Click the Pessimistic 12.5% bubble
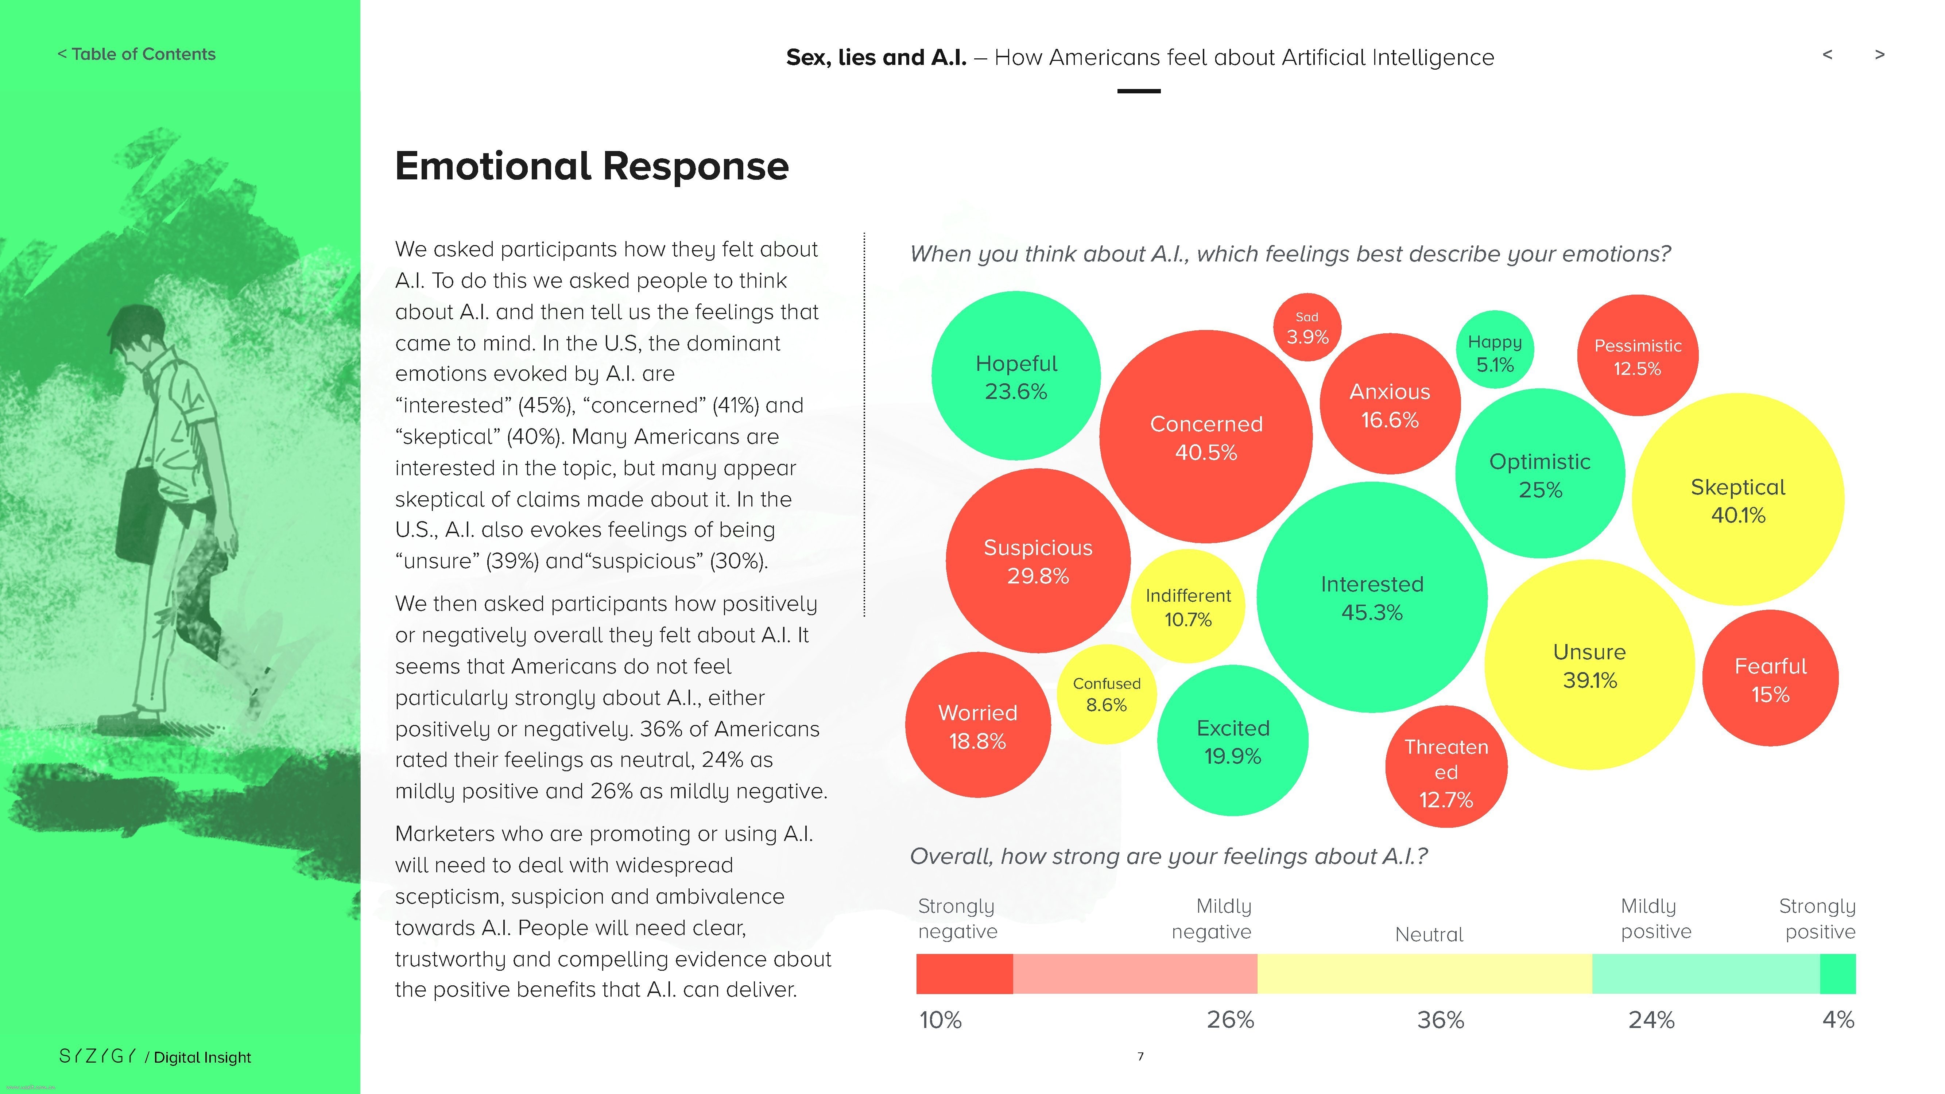1637,356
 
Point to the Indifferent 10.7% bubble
1188,607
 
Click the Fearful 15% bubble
1770,679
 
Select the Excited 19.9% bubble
1232,741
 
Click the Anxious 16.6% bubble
1389,405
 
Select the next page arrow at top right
1879,54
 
